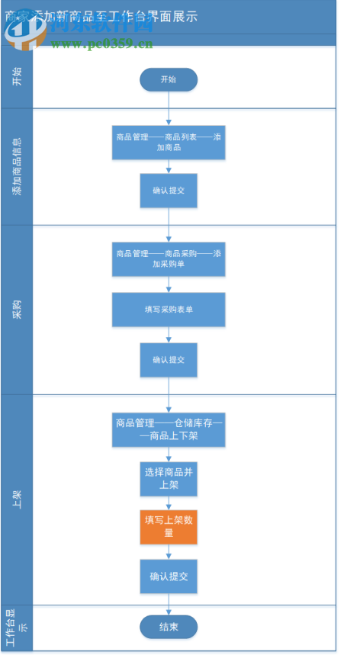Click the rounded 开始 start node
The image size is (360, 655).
[x=169, y=79]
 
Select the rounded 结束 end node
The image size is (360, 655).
[x=169, y=627]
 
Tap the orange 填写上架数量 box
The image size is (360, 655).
[x=169, y=527]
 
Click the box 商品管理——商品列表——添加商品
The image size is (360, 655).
[x=169, y=142]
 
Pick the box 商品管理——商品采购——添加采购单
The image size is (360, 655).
[x=169, y=258]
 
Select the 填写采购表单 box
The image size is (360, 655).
[x=169, y=310]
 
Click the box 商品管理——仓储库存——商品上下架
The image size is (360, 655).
[x=169, y=429]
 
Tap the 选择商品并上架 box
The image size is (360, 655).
[x=169, y=479]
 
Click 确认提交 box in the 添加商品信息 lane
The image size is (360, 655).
[x=169, y=191]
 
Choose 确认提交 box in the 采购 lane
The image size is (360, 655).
[x=169, y=359]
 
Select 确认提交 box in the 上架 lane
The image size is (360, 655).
[x=169, y=576]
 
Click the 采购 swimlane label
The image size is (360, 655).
[x=16, y=310]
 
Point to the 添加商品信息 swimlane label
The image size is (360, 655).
[x=16, y=167]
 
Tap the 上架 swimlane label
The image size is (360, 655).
[x=16, y=499]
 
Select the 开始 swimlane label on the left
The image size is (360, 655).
[x=16, y=77]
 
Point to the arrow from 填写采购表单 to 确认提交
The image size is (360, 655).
[x=169, y=335]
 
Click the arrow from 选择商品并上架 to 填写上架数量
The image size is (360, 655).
[x=169, y=503]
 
